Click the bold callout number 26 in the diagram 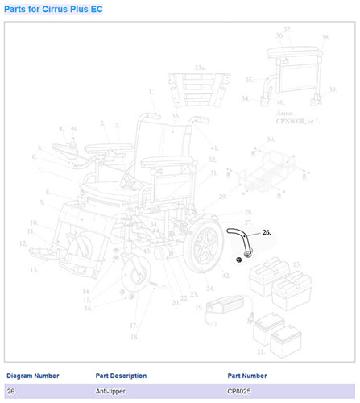tap(266, 231)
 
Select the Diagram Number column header tap(32, 376)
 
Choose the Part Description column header tap(121, 376)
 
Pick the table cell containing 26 tap(10, 391)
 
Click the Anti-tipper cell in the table tap(110, 391)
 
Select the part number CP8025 tap(241, 391)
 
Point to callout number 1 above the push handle tap(150, 92)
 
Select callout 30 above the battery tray tap(270, 139)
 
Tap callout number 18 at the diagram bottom tap(134, 336)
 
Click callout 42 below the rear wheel tap(226, 276)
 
